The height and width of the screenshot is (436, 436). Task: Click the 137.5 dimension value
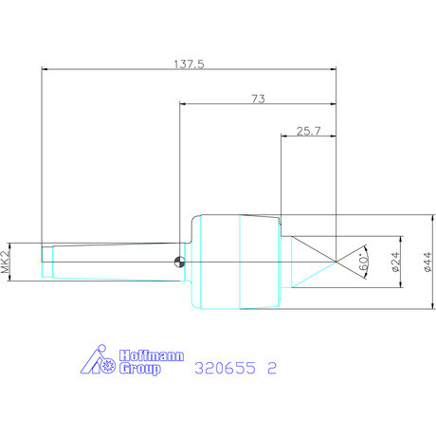tap(190, 64)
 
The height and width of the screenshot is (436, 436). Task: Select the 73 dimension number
tap(258, 99)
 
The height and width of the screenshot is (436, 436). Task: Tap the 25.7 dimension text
tap(308, 131)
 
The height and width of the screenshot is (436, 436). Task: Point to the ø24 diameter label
tap(395, 262)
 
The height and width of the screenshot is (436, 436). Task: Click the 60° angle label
tap(363, 263)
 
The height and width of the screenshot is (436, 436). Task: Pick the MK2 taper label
tap(5, 262)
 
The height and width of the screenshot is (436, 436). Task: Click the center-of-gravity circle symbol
tap(180, 262)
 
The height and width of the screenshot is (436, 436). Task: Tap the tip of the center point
tap(336, 262)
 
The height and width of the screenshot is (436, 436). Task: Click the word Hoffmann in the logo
tap(152, 355)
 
